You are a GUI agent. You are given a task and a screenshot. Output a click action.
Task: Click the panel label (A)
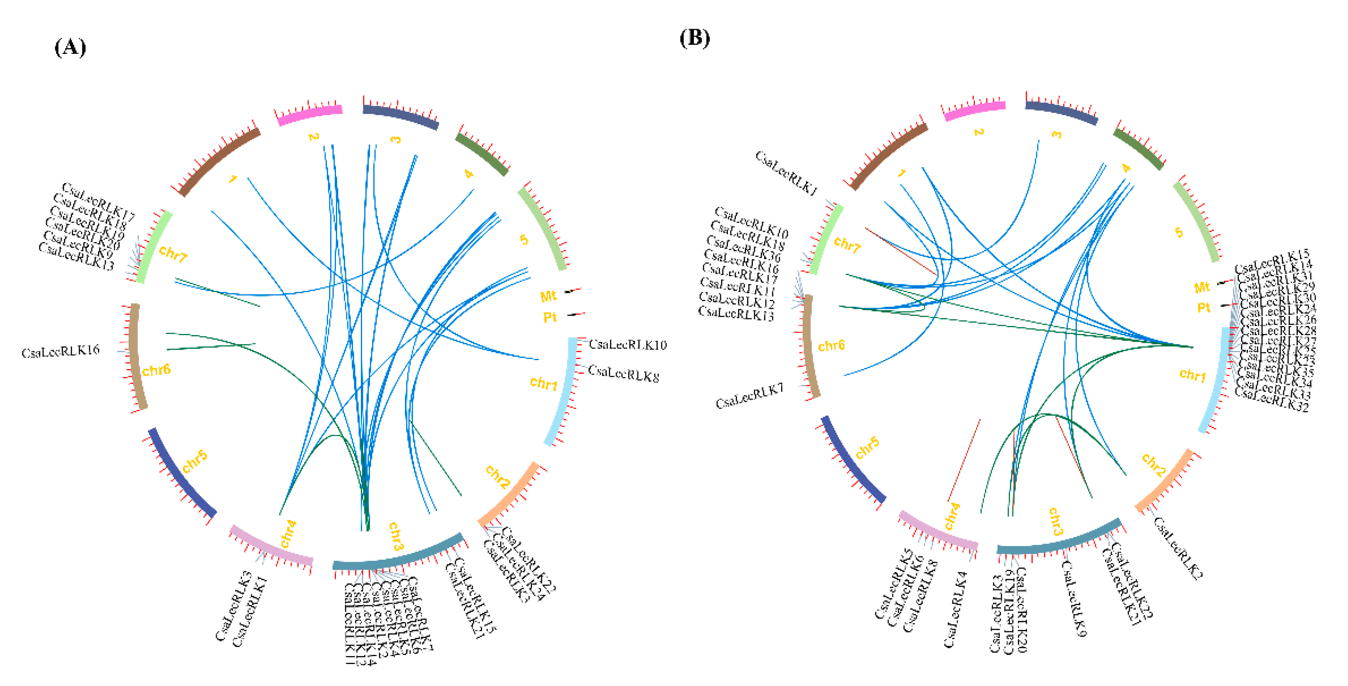pyautogui.click(x=70, y=48)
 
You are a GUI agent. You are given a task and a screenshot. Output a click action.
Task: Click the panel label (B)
pyautogui.click(x=694, y=38)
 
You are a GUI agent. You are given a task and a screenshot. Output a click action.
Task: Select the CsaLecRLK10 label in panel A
pyautogui.click(x=627, y=344)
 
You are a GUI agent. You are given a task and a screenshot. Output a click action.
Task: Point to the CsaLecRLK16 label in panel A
pyautogui.click(x=60, y=351)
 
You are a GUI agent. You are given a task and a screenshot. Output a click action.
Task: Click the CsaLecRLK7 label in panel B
pyautogui.click(x=749, y=396)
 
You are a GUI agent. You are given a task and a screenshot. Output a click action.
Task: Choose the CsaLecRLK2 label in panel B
pyautogui.click(x=1177, y=547)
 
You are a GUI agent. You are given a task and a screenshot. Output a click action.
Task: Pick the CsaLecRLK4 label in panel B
pyautogui.click(x=955, y=609)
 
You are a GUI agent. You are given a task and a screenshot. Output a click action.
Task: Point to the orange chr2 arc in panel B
pyautogui.click(x=1165, y=480)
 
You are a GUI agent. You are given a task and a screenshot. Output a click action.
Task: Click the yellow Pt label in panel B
pyautogui.click(x=1204, y=308)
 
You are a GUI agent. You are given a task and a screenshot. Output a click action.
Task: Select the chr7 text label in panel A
pyautogui.click(x=173, y=254)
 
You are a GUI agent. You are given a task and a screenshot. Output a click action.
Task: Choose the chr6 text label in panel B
pyautogui.click(x=831, y=345)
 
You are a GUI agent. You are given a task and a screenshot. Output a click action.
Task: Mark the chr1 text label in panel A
pyautogui.click(x=543, y=384)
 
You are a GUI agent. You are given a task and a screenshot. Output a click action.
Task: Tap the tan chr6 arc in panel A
pyautogui.click(x=137, y=356)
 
